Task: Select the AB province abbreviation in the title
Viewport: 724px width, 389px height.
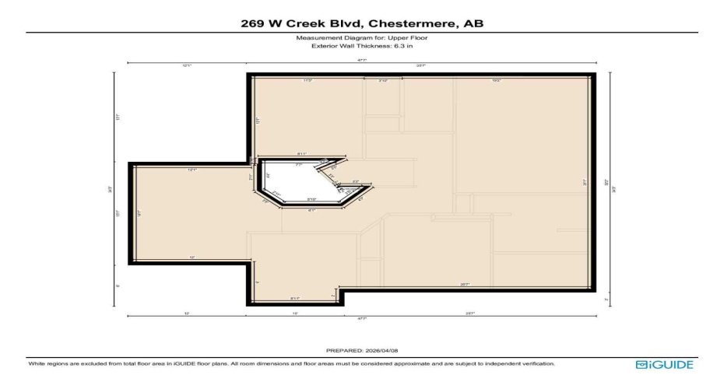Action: [473, 23]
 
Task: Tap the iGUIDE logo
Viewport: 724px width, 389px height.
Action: [664, 364]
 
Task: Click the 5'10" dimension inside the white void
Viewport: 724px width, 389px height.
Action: [311, 199]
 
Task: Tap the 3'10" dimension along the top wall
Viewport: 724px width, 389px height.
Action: [383, 80]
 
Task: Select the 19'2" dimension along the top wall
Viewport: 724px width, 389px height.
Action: [496, 80]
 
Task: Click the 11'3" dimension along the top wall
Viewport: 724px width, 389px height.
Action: [308, 80]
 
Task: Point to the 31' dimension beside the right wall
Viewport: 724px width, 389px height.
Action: [585, 183]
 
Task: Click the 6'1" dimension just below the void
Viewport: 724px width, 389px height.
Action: [311, 210]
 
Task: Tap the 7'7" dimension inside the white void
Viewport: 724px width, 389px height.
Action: [298, 165]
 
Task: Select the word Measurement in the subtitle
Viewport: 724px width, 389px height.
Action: [313, 38]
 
